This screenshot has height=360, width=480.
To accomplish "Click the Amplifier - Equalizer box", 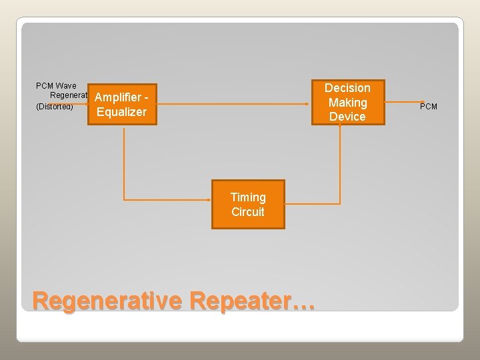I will (121, 105).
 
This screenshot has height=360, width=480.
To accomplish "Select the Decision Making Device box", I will (347, 102).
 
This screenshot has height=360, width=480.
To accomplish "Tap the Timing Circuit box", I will (248, 205).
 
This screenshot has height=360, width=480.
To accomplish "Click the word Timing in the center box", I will (248, 197).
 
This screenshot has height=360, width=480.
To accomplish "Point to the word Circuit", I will (248, 212).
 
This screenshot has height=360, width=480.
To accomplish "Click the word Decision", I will (347, 88).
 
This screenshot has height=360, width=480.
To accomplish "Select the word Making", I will (347, 103).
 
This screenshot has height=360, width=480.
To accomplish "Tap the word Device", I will (347, 117).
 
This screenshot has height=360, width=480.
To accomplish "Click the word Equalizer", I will (121, 112).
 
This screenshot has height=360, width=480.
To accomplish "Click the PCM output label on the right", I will (429, 107).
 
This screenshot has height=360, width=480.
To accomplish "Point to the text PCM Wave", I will (56, 85).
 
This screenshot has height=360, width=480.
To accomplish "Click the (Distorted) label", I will (54, 107).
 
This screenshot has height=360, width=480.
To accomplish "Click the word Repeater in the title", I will (240, 301).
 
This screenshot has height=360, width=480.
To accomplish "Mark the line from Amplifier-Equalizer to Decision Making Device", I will (233, 104).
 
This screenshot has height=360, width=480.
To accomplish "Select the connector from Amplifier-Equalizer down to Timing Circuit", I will (124, 167).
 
